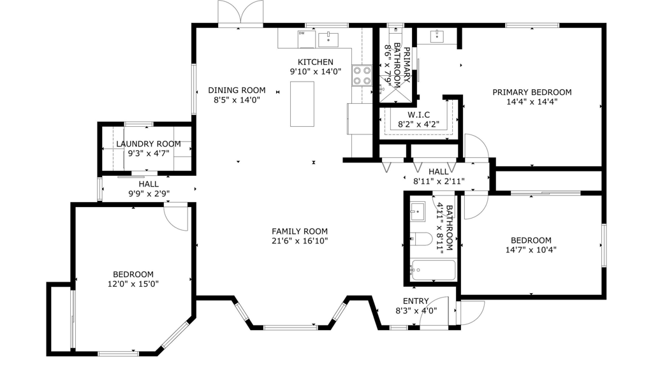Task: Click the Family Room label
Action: click(x=299, y=231)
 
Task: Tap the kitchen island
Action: click(x=302, y=104)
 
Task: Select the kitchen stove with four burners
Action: click(x=362, y=76)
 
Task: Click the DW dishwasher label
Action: click(x=301, y=33)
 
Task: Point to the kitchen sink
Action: click(x=328, y=39)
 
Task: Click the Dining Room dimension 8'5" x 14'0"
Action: click(x=237, y=100)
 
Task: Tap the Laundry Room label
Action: click(x=148, y=144)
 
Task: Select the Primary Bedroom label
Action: click(x=532, y=92)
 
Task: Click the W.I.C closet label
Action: click(x=418, y=115)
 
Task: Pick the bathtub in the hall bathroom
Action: click(x=433, y=270)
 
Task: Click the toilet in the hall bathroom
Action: click(x=423, y=240)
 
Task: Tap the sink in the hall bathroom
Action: click(x=418, y=210)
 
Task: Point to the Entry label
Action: click(x=416, y=301)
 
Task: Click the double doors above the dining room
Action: click(x=240, y=13)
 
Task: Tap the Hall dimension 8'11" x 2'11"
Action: click(x=439, y=182)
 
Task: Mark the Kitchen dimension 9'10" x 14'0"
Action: click(x=316, y=72)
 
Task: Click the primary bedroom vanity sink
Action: click(x=437, y=36)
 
